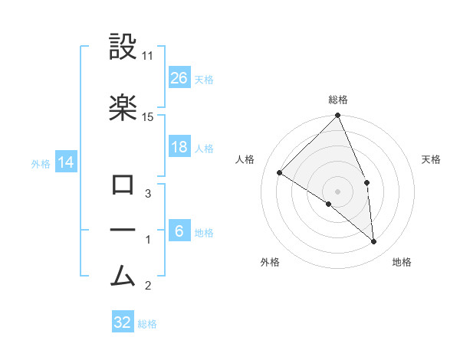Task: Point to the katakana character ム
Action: coord(123,274)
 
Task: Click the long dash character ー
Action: coord(123,230)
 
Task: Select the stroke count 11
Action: coord(148,57)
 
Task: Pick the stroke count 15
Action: coord(148,116)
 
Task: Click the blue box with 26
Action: coord(179,77)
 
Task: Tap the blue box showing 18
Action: coord(179,147)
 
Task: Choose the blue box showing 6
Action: coord(179,231)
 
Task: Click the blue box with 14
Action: coord(65,162)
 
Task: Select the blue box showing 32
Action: coord(123,322)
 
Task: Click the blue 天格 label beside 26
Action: coord(204,79)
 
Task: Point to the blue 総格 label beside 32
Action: coord(147,324)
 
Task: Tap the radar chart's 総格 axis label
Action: coord(337,100)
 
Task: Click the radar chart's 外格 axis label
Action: coord(269,262)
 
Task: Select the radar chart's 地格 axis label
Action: coord(402,262)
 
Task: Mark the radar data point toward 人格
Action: coord(280,173)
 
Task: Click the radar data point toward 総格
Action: coord(337,116)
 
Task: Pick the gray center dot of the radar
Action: coord(337,191)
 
